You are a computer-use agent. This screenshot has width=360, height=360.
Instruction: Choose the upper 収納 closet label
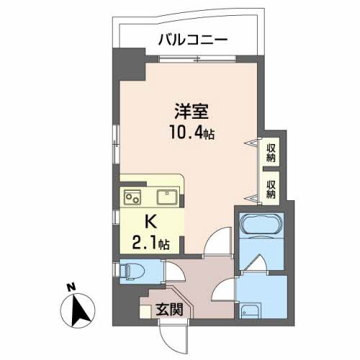point(272,153)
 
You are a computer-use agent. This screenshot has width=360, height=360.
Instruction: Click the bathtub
point(258,225)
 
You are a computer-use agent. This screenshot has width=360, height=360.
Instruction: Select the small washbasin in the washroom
point(248,311)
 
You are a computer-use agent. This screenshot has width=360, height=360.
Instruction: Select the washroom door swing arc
point(225,289)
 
